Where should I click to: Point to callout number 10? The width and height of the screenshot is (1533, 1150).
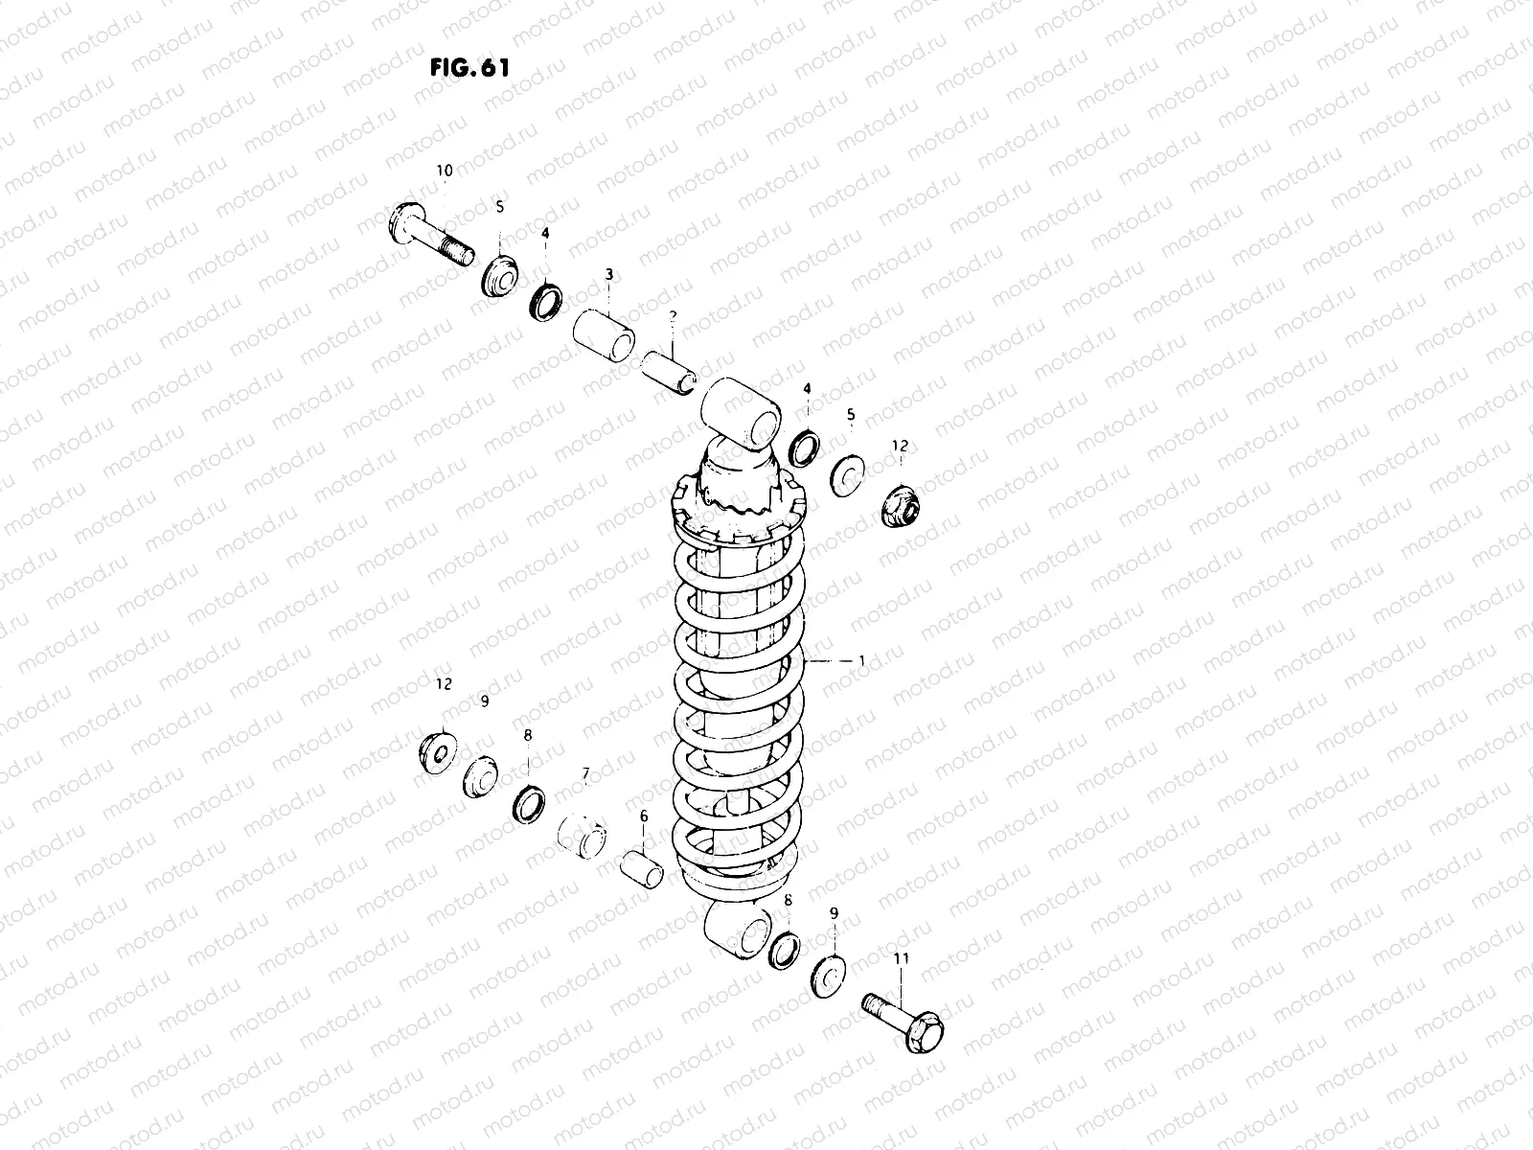click(445, 171)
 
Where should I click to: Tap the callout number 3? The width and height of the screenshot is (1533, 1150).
click(608, 275)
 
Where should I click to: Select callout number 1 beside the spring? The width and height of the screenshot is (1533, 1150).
click(861, 660)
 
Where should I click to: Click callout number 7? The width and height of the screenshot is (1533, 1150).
click(584, 772)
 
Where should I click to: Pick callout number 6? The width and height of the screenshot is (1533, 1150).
click(643, 816)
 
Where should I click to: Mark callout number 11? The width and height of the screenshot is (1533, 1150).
click(902, 958)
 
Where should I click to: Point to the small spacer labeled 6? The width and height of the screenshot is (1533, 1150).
click(641, 868)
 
